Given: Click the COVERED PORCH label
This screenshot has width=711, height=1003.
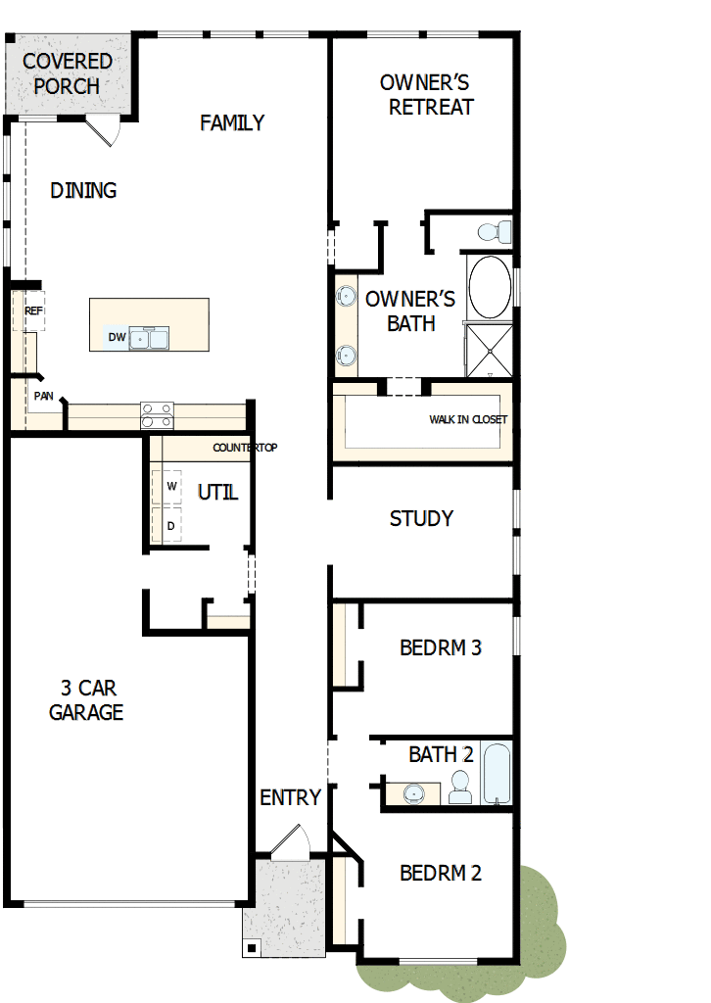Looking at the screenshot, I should pyautogui.click(x=67, y=73).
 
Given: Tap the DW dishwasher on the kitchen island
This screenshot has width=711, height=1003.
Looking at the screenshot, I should pyautogui.click(x=118, y=338).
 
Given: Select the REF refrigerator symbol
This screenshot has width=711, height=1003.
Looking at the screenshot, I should pyautogui.click(x=33, y=310).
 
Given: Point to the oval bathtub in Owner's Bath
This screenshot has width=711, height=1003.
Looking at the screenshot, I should pyautogui.click(x=489, y=286).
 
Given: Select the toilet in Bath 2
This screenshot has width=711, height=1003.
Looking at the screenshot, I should pyautogui.click(x=459, y=787).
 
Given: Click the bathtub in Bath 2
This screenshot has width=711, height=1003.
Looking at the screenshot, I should pyautogui.click(x=497, y=774).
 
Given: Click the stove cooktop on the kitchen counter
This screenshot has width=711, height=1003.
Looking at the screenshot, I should pyautogui.click(x=157, y=415).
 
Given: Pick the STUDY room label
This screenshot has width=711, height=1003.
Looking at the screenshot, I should pyautogui.click(x=421, y=518).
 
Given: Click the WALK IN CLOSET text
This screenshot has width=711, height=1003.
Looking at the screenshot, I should pyautogui.click(x=468, y=420).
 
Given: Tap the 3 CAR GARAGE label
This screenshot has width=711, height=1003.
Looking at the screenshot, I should pyautogui.click(x=86, y=700).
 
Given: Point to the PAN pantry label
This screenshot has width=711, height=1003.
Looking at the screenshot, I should pyautogui.click(x=43, y=397).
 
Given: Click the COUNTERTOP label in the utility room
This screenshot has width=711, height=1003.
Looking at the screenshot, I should pyautogui.click(x=245, y=448).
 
